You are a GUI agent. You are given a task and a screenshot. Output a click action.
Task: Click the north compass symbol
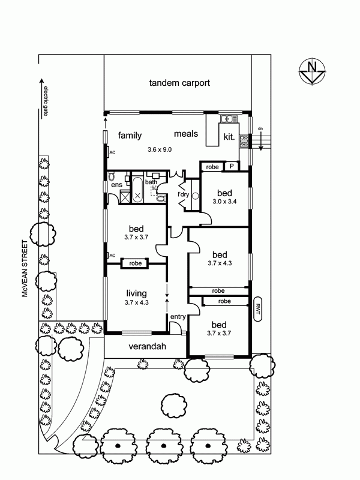click(x=312, y=71)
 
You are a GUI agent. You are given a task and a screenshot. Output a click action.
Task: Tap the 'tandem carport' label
click(x=179, y=83)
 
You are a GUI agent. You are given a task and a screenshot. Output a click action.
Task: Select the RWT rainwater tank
click(x=258, y=309)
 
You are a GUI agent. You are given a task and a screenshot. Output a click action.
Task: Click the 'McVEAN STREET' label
click(x=25, y=268)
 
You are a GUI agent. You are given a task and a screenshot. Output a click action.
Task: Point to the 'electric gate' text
click(x=46, y=101)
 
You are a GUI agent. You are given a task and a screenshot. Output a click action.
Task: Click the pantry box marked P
click(x=232, y=166)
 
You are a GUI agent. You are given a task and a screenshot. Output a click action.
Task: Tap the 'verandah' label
click(x=147, y=346)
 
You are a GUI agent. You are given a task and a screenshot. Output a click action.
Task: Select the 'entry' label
click(x=178, y=317)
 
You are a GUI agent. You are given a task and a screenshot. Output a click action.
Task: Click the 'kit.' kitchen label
click(x=229, y=137)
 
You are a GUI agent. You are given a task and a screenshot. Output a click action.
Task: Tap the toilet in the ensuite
click(x=112, y=176)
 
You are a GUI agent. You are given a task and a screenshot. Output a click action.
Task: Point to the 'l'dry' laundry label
click(x=184, y=194)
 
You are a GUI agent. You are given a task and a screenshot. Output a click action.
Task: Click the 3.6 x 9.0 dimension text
click(x=160, y=149)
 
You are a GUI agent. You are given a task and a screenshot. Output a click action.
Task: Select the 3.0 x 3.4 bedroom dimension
click(x=224, y=202)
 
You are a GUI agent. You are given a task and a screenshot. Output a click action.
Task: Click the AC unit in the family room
click(x=109, y=152)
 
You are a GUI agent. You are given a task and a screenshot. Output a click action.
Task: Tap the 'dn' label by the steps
click(x=260, y=129)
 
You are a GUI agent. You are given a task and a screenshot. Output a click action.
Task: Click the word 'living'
click(x=137, y=293)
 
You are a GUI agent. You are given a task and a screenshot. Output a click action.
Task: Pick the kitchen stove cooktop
click(x=244, y=142)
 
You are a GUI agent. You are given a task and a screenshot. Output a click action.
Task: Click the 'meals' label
click(x=186, y=134)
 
